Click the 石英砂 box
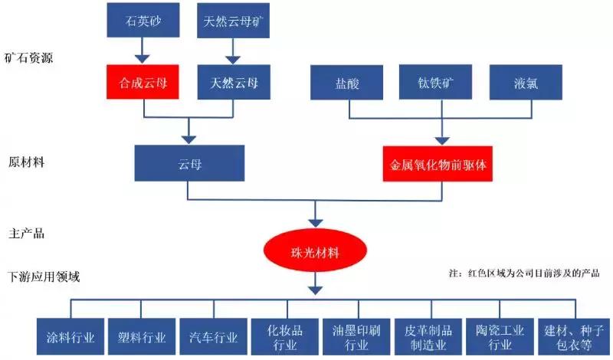tap(143, 21)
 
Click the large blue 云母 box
tap(188, 165)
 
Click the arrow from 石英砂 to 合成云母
tap(143, 51)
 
